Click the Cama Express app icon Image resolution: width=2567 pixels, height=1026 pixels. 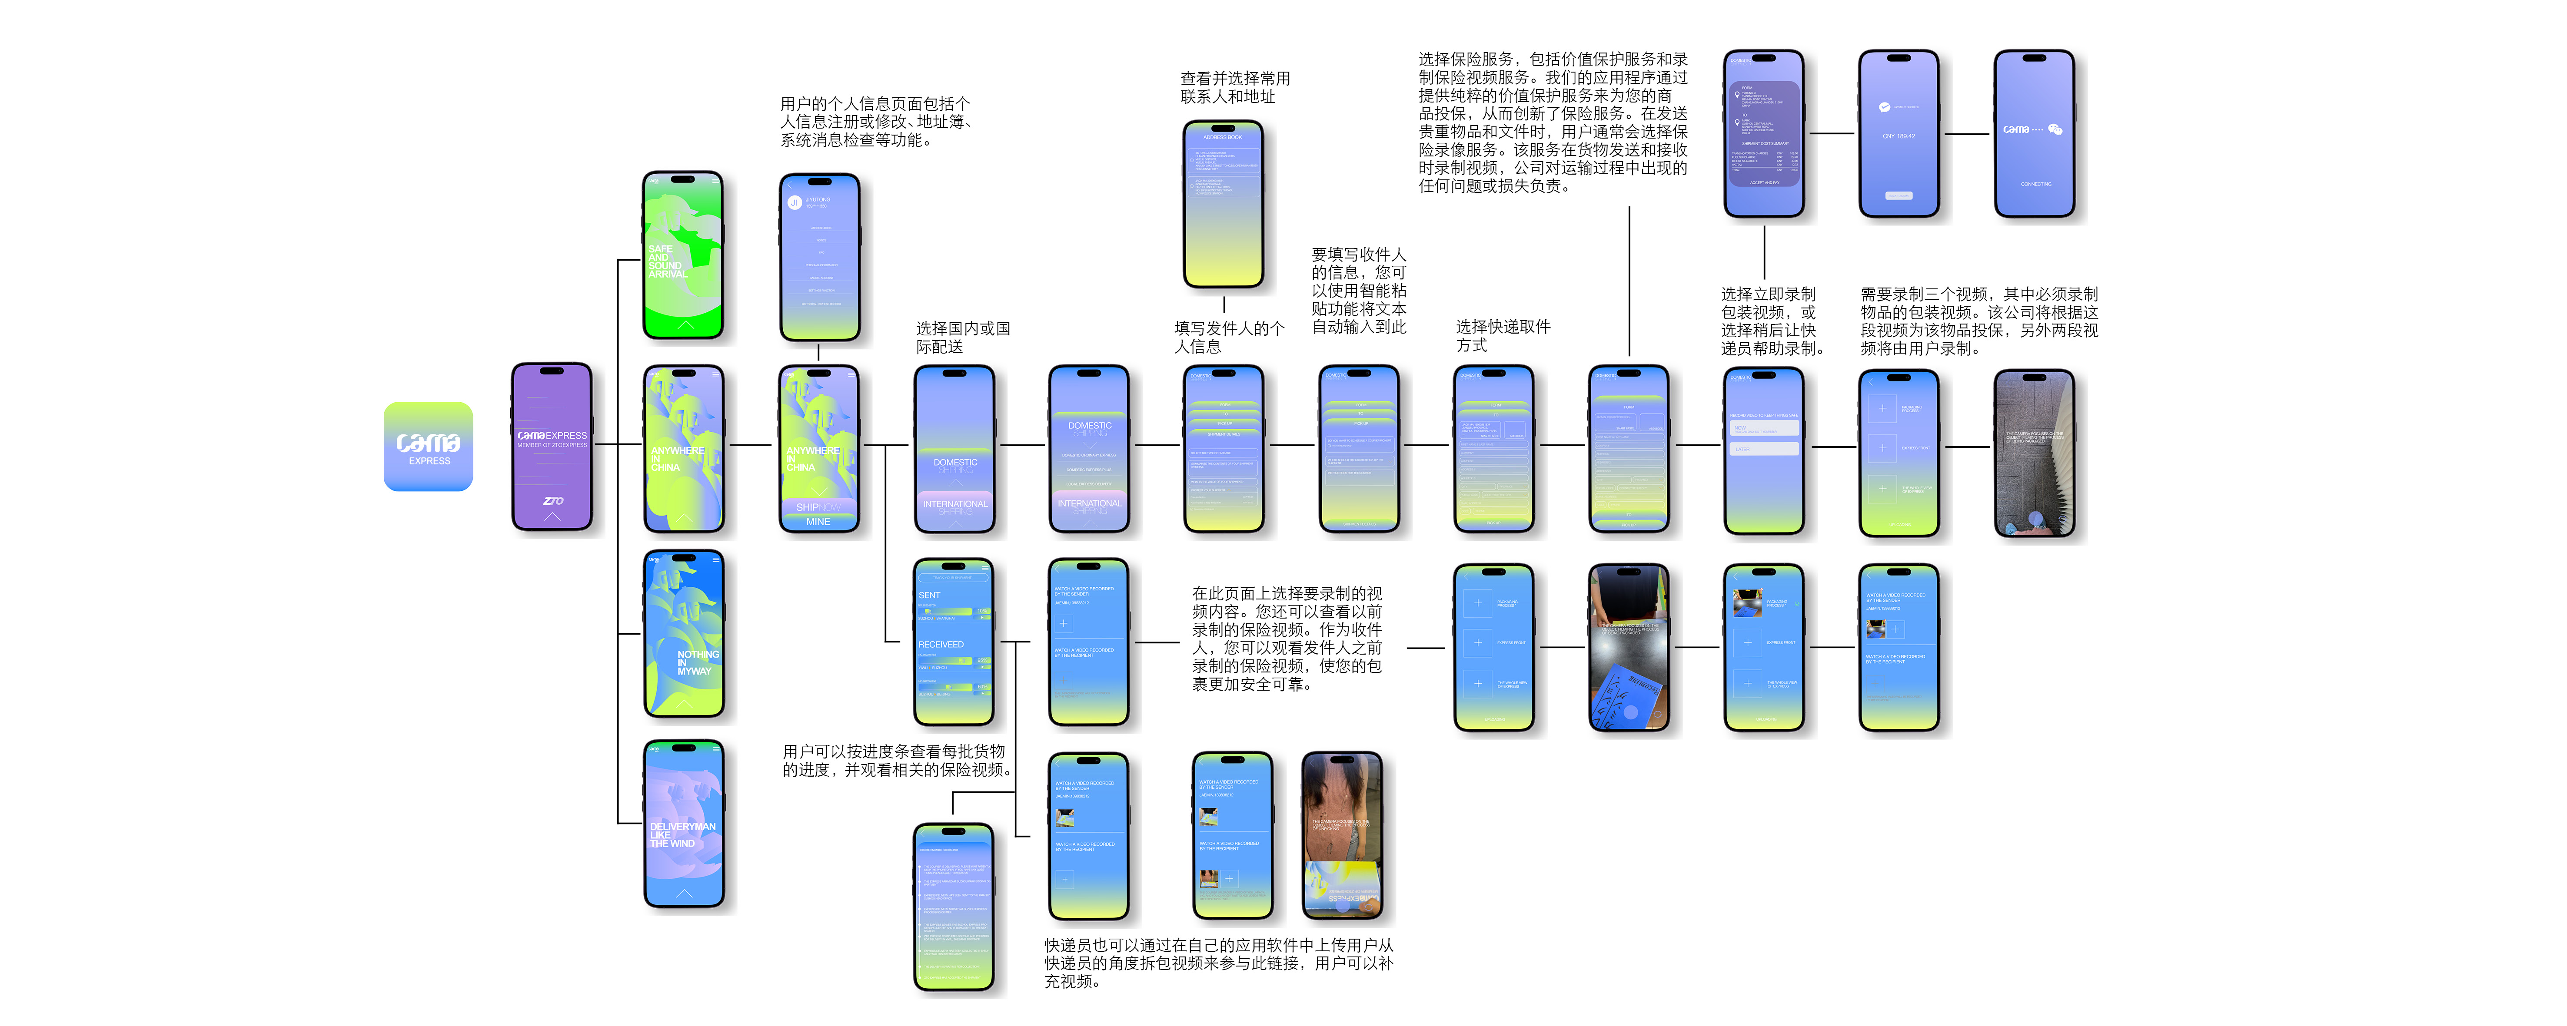(429, 446)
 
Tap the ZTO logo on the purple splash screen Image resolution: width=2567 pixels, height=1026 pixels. (552, 500)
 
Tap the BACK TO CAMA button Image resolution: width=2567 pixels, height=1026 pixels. (1899, 195)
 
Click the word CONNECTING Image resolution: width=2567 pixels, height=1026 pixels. (2035, 184)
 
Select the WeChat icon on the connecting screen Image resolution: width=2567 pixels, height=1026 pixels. (2055, 129)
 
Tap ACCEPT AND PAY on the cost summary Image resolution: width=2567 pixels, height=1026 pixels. (1764, 183)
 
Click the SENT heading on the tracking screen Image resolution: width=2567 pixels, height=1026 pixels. (929, 595)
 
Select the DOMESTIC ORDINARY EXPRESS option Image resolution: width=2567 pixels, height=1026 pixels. (1089, 455)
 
